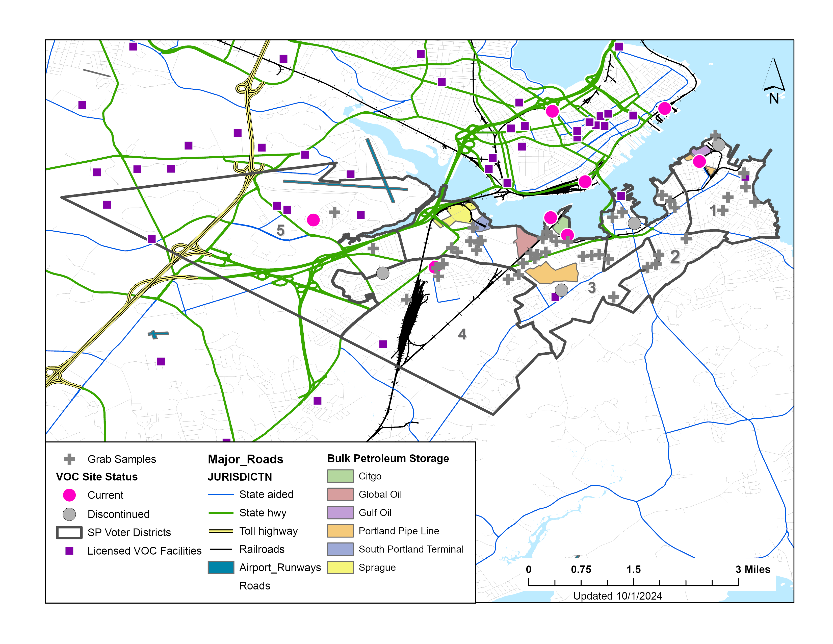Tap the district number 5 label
280,230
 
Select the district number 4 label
462,335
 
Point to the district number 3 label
592,288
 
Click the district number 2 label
675,257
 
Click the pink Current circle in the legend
69,495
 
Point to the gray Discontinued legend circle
69,514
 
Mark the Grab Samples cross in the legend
69,459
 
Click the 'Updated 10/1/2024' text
617,596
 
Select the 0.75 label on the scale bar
581,569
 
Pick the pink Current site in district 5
313,220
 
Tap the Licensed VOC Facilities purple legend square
69,551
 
